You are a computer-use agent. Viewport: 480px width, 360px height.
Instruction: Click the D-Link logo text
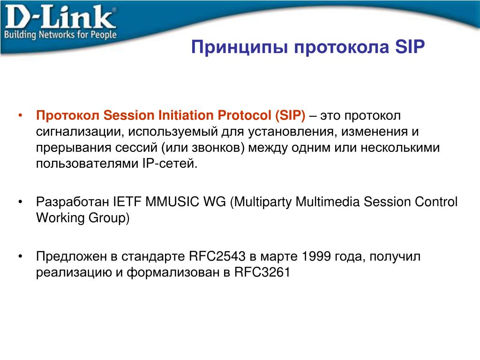click(60, 17)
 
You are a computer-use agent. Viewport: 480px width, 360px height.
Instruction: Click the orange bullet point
click(20, 116)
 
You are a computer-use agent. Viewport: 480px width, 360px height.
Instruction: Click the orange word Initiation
click(186, 115)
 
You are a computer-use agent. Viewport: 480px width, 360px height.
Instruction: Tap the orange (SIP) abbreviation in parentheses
click(290, 116)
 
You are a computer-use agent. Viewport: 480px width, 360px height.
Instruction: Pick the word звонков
click(218, 148)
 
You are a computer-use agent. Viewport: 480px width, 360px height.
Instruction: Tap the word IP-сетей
click(170, 164)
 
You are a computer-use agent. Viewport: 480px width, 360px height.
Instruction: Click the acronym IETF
click(127, 202)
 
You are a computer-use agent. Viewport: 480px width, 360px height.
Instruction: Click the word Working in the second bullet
click(60, 218)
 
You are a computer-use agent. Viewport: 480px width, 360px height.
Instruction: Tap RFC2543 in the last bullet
click(217, 256)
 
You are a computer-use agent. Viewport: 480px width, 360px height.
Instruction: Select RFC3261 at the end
click(262, 272)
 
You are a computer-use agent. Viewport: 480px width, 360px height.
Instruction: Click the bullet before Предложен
click(20, 256)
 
